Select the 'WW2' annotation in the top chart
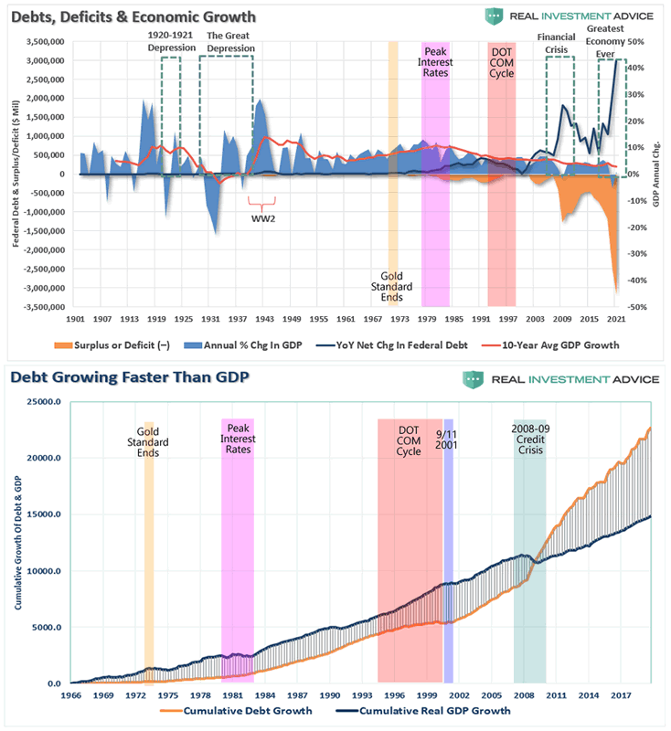[x=263, y=217]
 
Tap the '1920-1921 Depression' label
[x=171, y=41]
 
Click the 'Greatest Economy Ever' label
[x=604, y=41]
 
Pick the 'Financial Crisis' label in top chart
[x=559, y=41]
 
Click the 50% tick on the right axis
[x=637, y=42]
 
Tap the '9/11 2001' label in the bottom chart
[x=447, y=440]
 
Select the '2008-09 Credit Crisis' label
[x=530, y=440]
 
